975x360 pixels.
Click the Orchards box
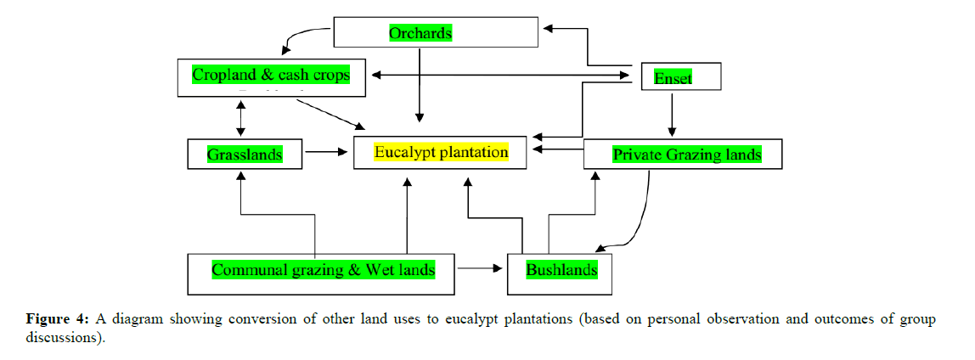pyautogui.click(x=436, y=33)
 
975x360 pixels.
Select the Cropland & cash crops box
pyautogui.click(x=271, y=76)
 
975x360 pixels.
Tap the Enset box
pyautogui.click(x=679, y=78)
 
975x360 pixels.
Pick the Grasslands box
pyautogui.click(x=245, y=155)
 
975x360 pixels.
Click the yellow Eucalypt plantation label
pyautogui.click(x=442, y=153)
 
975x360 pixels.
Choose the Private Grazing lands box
pyautogui.click(x=686, y=155)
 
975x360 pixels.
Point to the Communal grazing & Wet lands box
pyautogui.click(x=323, y=271)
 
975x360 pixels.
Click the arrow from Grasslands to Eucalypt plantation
pyautogui.click(x=327, y=153)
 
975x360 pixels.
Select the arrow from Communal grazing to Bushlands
pyautogui.click(x=482, y=269)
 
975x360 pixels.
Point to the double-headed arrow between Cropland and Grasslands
pyautogui.click(x=241, y=118)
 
